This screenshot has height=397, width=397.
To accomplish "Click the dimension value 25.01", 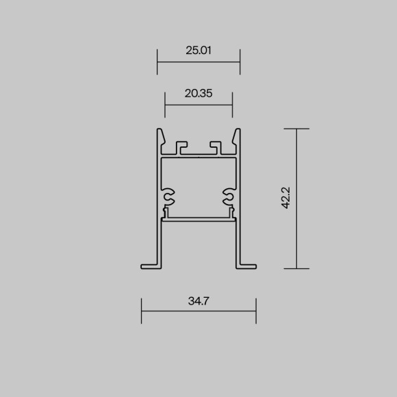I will [198, 49].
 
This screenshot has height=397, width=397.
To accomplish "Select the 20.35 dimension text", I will [198, 93].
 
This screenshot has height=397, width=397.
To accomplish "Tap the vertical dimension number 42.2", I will [287, 198].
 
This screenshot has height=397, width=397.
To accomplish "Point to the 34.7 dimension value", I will [198, 300].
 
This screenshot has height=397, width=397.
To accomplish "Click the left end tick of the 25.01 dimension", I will [157, 62].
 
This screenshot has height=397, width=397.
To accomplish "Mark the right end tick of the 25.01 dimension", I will [240, 62].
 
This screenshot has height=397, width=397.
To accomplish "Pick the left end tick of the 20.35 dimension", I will [165, 105].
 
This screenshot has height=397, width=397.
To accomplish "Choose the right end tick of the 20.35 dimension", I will [233, 105].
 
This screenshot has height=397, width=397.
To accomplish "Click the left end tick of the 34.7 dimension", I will [141, 311].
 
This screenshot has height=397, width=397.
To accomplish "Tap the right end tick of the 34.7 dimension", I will [256, 311].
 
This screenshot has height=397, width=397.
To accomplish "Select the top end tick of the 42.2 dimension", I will [296, 129].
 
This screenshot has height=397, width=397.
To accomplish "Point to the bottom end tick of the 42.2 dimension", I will [296, 269].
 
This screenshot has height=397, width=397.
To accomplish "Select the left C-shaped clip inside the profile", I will [168, 196].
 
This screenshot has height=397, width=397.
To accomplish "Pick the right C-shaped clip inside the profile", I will [229, 196].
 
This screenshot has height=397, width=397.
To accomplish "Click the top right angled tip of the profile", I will [238, 131].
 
